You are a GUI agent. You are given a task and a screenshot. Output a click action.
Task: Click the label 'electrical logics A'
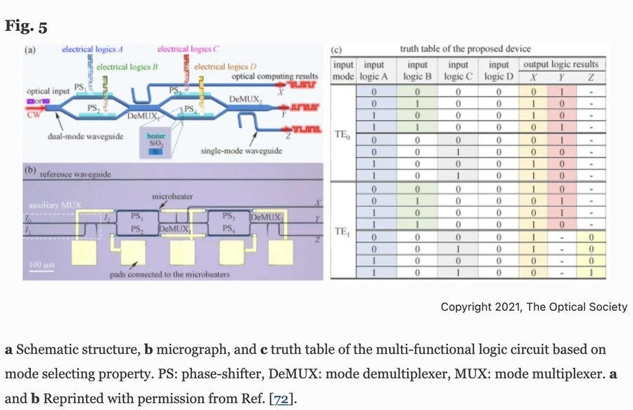pyautogui.click(x=93, y=50)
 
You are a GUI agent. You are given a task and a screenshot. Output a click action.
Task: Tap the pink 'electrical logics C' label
pyautogui.click(x=188, y=49)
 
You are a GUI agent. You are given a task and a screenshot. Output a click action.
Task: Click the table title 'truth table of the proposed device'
pyautogui.click(x=465, y=49)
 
